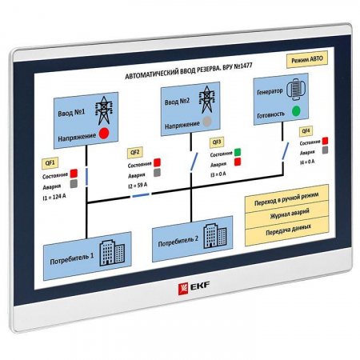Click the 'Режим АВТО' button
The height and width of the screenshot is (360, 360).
[x=307, y=61]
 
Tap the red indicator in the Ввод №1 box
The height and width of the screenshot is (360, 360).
[x=104, y=133]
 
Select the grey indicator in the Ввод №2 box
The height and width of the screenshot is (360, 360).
[x=207, y=121]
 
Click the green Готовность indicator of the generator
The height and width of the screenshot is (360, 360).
[x=296, y=110]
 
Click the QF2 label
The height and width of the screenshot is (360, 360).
[x=134, y=152]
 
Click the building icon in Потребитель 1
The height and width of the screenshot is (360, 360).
[x=112, y=253]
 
